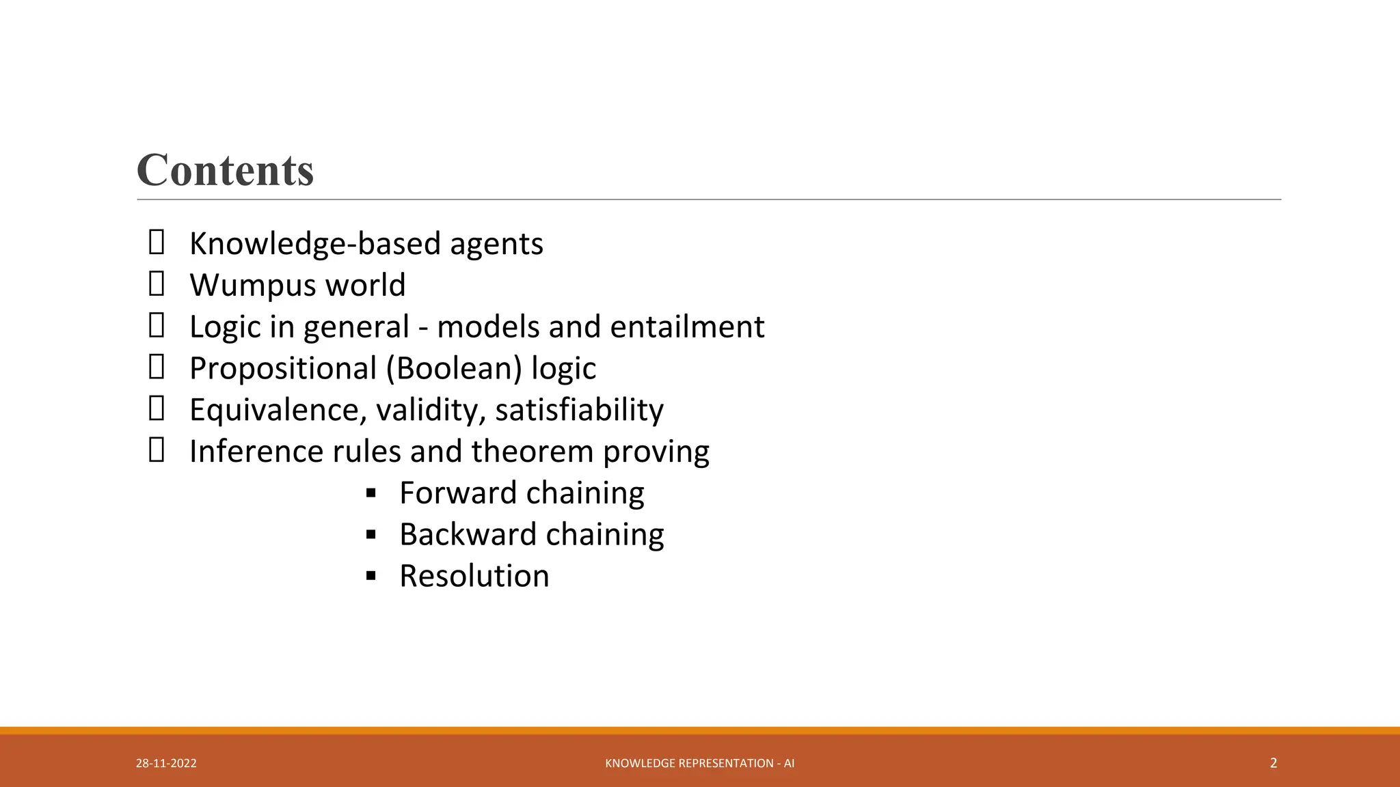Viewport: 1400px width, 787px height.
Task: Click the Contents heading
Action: coord(225,170)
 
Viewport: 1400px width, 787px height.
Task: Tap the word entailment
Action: coord(687,327)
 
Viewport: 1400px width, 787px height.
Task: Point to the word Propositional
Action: coord(283,369)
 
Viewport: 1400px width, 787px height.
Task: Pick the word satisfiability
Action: coord(579,411)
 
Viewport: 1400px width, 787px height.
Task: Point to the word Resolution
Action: coord(474,577)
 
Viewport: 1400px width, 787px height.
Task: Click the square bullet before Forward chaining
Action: coord(371,493)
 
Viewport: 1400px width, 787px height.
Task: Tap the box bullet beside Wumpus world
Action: coord(157,284)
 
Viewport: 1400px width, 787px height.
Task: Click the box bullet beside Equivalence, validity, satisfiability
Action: coord(157,409)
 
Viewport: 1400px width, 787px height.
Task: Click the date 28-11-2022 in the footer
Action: coord(166,763)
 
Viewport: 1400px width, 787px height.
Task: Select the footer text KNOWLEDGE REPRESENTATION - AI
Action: coord(700,763)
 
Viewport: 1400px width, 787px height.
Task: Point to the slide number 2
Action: coord(1274,763)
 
